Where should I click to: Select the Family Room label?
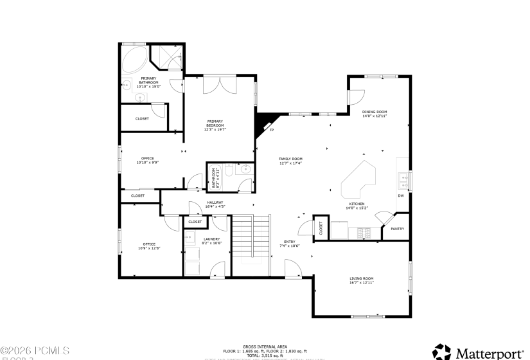290,161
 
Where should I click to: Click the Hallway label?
215,204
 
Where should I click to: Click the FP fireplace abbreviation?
271,130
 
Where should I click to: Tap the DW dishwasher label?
400,195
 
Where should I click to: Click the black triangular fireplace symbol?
263,122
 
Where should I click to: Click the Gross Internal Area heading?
265,345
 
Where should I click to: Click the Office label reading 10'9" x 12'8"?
149,246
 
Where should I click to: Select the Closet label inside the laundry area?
195,222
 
